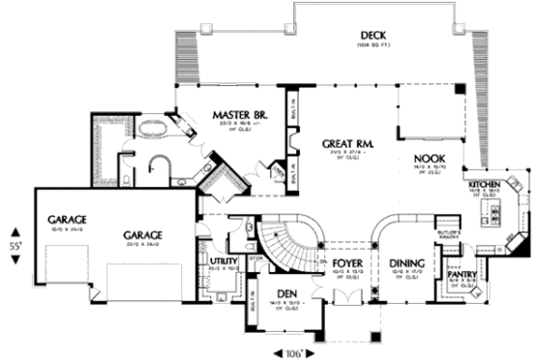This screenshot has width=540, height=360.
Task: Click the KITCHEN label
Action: [x=485, y=183]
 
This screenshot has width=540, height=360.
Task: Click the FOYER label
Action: [x=346, y=262]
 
